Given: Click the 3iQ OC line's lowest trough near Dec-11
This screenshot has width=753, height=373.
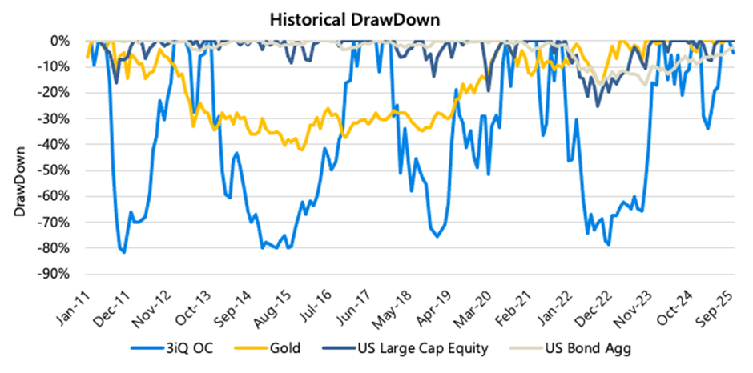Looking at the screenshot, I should pyautogui.click(x=124, y=252).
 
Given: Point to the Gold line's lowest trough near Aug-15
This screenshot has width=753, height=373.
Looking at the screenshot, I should pyautogui.click(x=301, y=150).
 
